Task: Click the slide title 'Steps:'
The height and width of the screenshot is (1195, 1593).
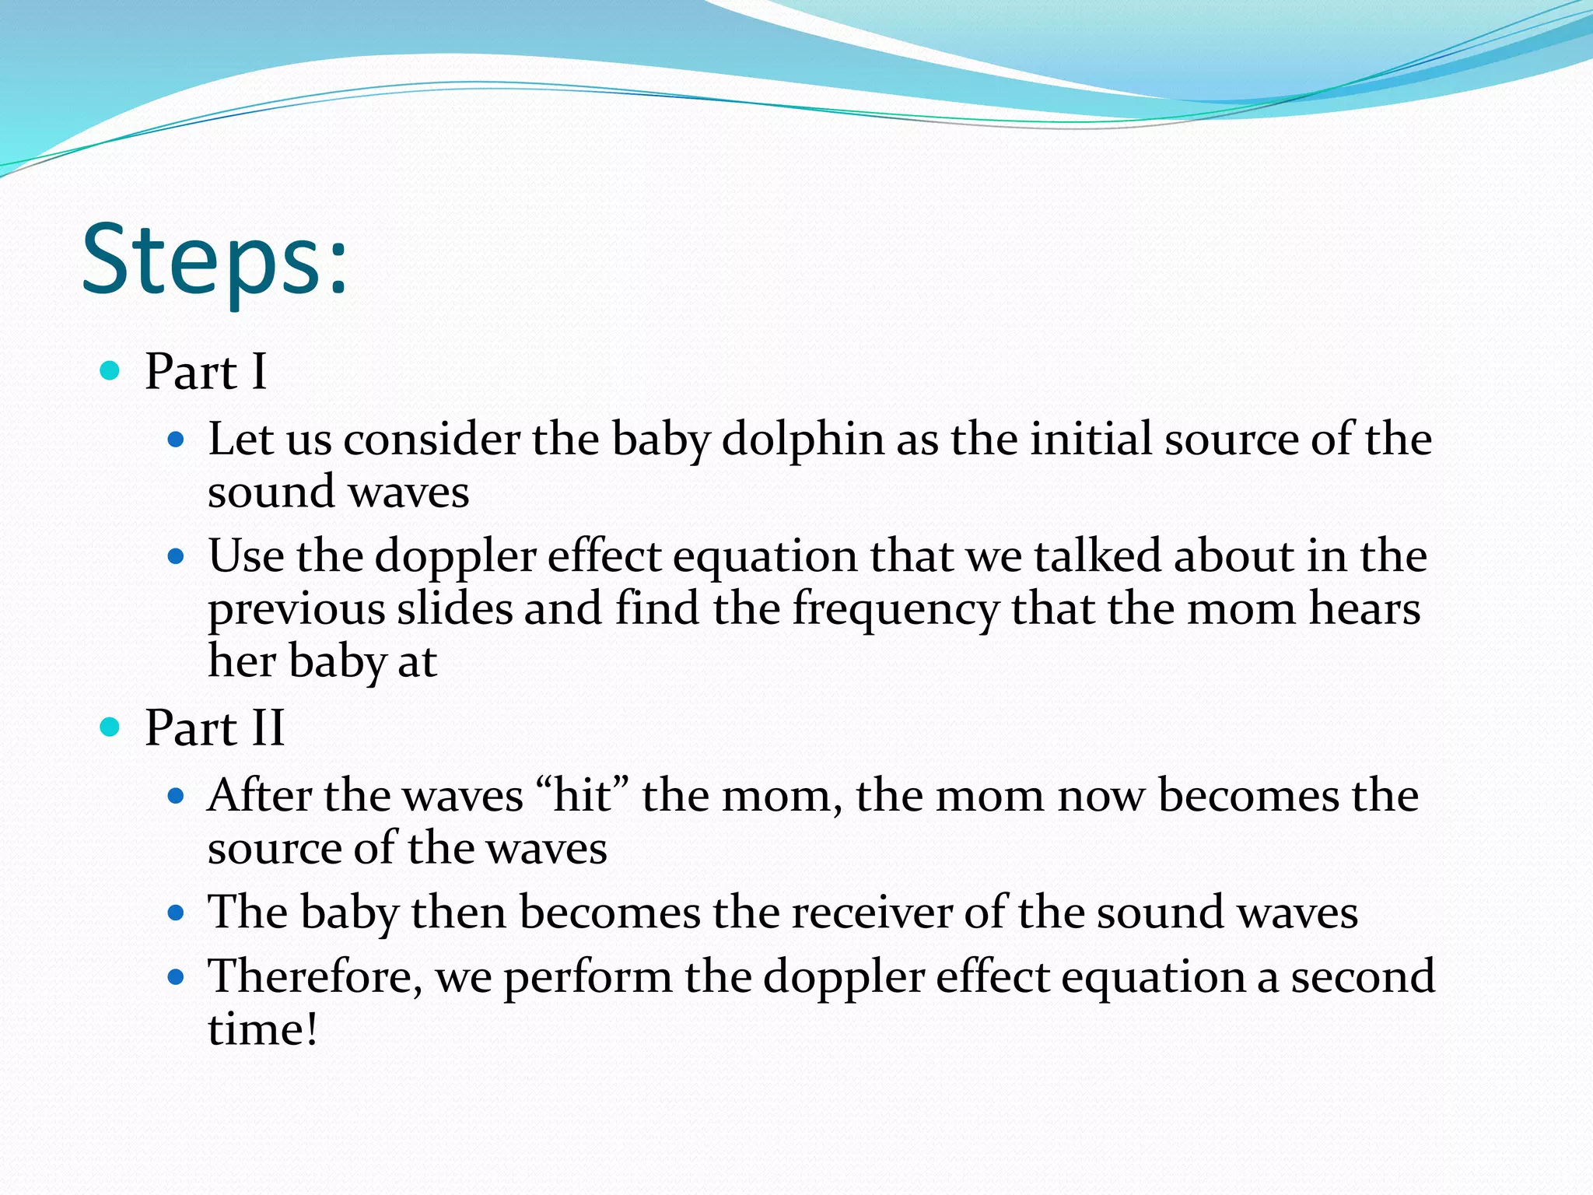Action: click(215, 261)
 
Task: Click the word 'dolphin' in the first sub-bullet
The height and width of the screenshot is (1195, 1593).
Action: click(803, 440)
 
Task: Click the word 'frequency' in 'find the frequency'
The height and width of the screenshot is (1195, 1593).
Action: click(895, 610)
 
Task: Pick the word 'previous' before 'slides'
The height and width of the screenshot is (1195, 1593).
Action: click(296, 610)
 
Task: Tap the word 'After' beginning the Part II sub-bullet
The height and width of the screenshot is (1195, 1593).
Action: click(260, 796)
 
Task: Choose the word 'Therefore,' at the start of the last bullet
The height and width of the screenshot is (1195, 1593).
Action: click(315, 977)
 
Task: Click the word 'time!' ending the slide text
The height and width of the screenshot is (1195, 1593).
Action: click(263, 1029)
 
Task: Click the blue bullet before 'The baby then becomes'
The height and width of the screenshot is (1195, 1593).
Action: click(176, 912)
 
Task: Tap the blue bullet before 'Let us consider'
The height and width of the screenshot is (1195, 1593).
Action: click(176, 440)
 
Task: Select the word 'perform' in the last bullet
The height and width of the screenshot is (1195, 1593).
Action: click(588, 977)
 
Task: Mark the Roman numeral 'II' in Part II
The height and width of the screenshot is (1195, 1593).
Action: click(267, 728)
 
